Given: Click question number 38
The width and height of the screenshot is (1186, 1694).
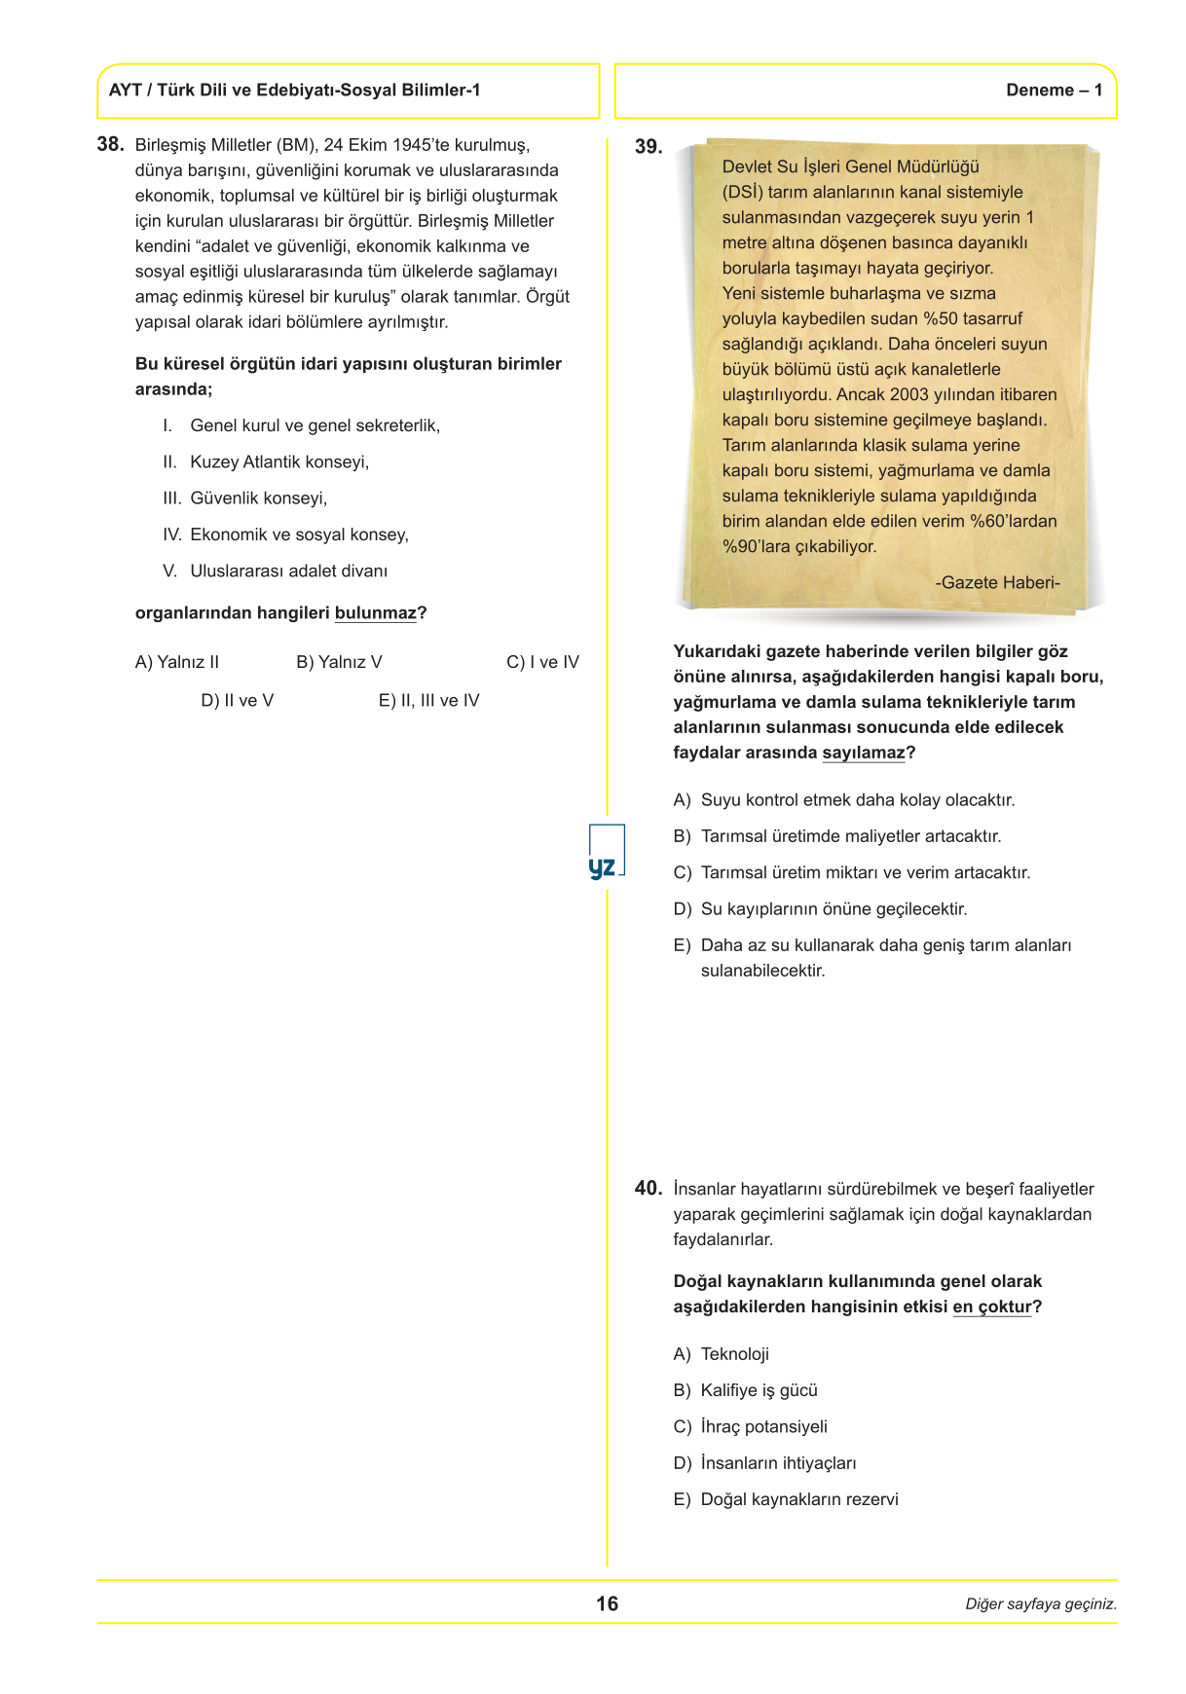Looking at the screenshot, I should tap(110, 144).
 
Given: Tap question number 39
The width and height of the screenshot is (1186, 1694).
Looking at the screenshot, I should tap(648, 147).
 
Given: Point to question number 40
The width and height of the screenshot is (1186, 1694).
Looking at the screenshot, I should tap(648, 1188).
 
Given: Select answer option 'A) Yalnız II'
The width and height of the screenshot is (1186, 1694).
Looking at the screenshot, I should tap(177, 662).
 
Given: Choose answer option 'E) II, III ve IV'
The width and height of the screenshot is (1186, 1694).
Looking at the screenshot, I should tap(428, 701).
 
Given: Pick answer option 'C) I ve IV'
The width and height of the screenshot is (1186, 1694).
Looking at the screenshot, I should tap(542, 662).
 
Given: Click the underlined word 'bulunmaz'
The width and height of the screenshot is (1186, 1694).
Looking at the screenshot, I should tap(375, 613).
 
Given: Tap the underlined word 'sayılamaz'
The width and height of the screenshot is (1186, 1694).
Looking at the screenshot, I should tap(864, 753).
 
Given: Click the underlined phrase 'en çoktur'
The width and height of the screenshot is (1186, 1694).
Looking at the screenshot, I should tap(991, 1307).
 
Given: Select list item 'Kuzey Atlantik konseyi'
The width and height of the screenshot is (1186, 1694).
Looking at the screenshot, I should tap(279, 461).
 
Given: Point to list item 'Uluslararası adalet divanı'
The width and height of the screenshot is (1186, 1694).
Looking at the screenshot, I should tap(288, 571).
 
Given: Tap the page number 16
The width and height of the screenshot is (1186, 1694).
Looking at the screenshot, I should tap(607, 1603).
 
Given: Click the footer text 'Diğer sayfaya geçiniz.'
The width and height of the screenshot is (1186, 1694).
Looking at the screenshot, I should tap(1040, 1604).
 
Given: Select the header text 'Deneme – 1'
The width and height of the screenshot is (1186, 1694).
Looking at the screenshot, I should tap(1054, 91).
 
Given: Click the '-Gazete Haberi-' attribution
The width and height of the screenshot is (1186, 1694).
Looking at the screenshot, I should tap(997, 582).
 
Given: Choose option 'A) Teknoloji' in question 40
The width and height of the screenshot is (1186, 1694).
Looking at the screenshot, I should tap(722, 1354).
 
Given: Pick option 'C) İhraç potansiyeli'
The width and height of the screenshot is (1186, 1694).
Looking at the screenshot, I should tap(751, 1426).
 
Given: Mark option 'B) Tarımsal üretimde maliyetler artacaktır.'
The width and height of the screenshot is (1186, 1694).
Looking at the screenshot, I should tap(837, 836).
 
